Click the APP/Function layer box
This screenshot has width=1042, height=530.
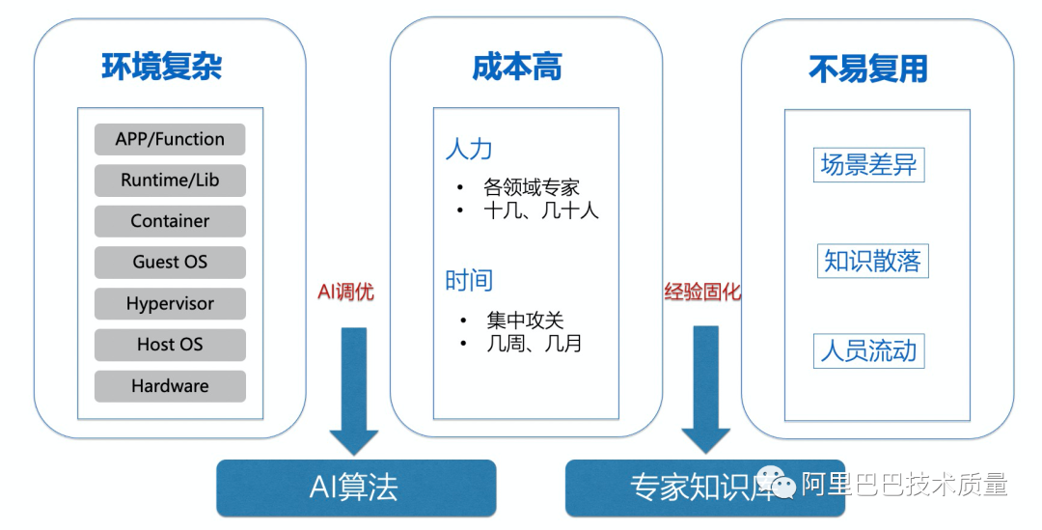coord(170,139)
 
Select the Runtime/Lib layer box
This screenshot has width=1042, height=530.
coord(170,181)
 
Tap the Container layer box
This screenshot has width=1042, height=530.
coord(170,221)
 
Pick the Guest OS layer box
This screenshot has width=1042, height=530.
coord(170,263)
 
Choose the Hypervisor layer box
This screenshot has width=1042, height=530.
coord(170,304)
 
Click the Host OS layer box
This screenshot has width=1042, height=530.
coord(170,345)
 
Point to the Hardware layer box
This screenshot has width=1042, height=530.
coord(170,386)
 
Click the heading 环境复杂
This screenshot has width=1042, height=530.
coord(162,68)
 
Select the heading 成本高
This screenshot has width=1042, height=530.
coord(517,68)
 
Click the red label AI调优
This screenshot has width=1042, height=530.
coord(345,292)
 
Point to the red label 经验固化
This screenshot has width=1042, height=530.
coord(703,292)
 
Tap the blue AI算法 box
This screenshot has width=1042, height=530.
coord(355,488)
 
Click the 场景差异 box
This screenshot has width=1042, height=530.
coord(868,165)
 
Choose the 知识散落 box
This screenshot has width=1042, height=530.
coord(872,261)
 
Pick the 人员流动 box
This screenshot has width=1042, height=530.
coord(868,350)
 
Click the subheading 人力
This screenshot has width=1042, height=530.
coord(469,149)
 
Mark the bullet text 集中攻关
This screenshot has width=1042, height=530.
coord(525,321)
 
